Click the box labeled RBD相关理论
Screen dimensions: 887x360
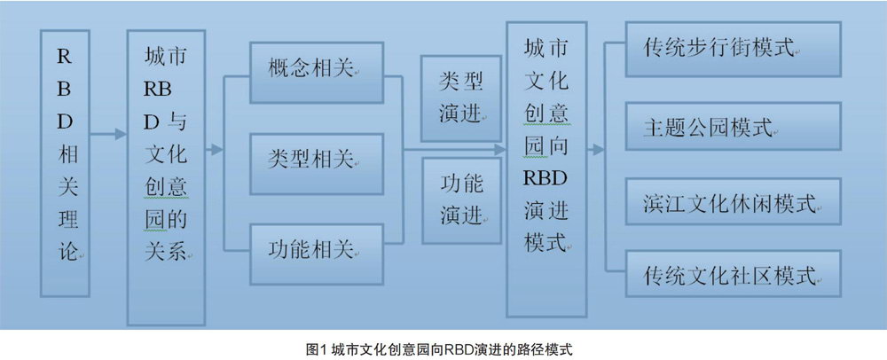[65, 163]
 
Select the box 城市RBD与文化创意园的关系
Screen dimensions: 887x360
[166, 178]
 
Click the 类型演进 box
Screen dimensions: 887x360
[461, 98]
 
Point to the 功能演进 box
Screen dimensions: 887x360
[461, 200]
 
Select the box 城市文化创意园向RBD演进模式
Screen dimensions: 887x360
[546, 169]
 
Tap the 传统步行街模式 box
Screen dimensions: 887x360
[734, 49]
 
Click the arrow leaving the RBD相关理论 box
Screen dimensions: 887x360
[108, 135]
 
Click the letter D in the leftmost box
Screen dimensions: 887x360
[65, 121]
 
